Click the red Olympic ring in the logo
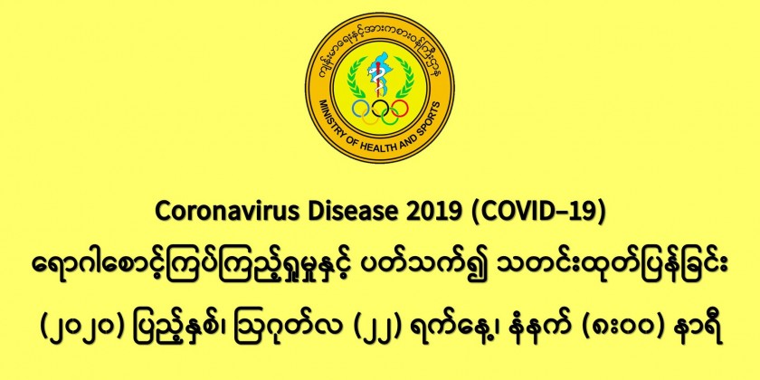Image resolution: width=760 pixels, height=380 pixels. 400,108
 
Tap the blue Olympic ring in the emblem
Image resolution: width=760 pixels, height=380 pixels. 360,108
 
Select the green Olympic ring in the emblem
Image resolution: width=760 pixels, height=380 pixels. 390,116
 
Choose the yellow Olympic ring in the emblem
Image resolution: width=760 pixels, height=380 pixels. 370,116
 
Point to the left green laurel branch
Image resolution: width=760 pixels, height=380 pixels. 356,79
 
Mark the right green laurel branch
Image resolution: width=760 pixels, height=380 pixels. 404,79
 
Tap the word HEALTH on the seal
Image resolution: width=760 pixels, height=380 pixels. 385,149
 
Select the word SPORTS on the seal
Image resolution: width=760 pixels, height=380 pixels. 430,119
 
